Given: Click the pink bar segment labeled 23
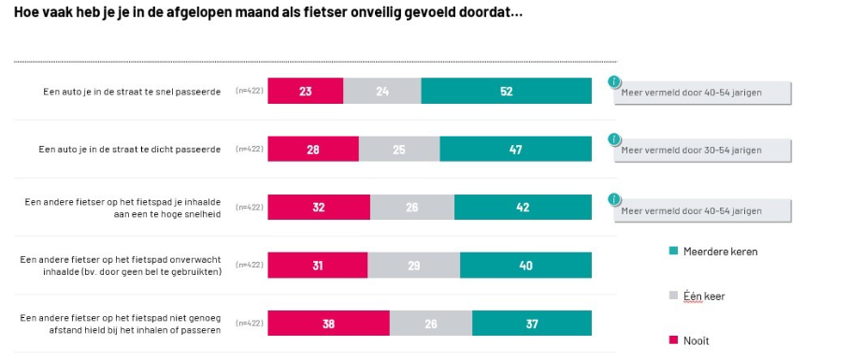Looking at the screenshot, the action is (x=306, y=91).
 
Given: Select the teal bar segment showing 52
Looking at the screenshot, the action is (x=506, y=91).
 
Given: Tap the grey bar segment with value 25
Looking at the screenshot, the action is (x=399, y=150).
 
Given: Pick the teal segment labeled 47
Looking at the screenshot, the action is (x=515, y=150).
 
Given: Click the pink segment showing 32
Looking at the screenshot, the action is (x=319, y=207).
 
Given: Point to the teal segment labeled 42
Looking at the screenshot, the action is (x=523, y=207).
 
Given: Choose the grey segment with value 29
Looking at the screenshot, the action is (x=414, y=266).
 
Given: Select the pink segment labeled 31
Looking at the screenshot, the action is (x=318, y=266).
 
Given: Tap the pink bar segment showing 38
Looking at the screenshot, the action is (x=329, y=324).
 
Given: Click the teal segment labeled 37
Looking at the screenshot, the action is (x=532, y=324).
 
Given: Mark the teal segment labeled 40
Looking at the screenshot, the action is (x=525, y=266).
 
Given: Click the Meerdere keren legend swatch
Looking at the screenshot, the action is (x=673, y=252).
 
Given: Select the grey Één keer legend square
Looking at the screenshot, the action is (x=673, y=296).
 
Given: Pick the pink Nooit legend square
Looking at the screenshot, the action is (x=673, y=340).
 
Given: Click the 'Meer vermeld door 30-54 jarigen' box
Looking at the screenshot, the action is (x=702, y=151).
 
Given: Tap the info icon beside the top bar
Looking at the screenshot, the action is (x=614, y=81).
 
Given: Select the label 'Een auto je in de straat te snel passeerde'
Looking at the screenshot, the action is (x=132, y=92).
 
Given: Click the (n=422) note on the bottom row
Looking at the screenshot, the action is (x=250, y=324).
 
